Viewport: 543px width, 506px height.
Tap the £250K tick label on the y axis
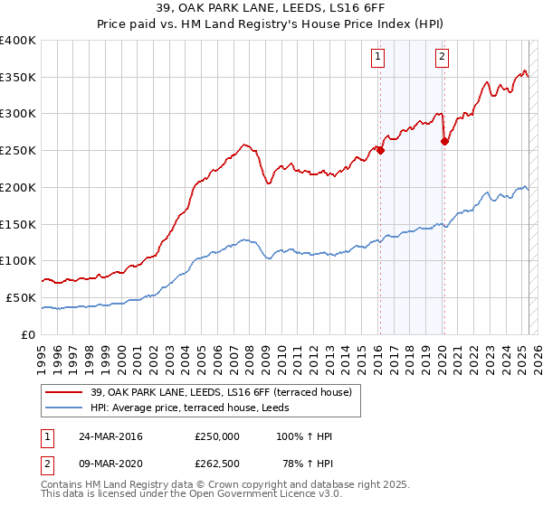pos(18,150)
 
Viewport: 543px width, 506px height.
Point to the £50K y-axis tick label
pos(21,297)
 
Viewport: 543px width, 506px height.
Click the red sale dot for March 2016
pos(381,151)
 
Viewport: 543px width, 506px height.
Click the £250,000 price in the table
pos(217,436)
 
